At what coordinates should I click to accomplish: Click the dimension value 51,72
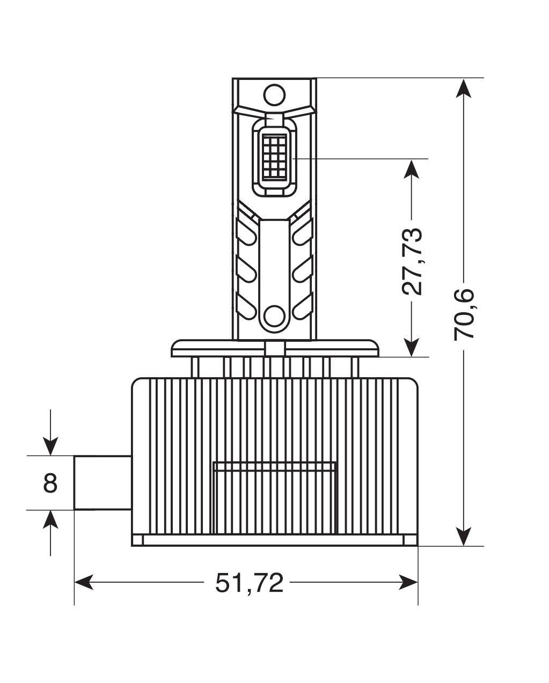pyautogui.click(x=249, y=583)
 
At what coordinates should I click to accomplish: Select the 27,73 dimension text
pyautogui.click(x=412, y=261)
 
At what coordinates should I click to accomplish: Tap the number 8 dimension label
pyautogui.click(x=50, y=483)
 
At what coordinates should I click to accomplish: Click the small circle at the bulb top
pyautogui.click(x=274, y=94)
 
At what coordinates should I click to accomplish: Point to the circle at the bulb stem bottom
pyautogui.click(x=274, y=315)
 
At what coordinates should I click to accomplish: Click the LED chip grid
pyautogui.click(x=274, y=156)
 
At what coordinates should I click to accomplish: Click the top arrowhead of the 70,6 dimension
pyautogui.click(x=464, y=88)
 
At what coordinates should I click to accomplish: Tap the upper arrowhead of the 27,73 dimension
pyautogui.click(x=412, y=170)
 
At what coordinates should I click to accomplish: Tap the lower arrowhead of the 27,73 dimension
pyautogui.click(x=412, y=347)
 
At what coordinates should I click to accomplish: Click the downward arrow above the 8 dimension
pyautogui.click(x=50, y=446)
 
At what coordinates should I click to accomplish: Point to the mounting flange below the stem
pyautogui.click(x=274, y=348)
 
